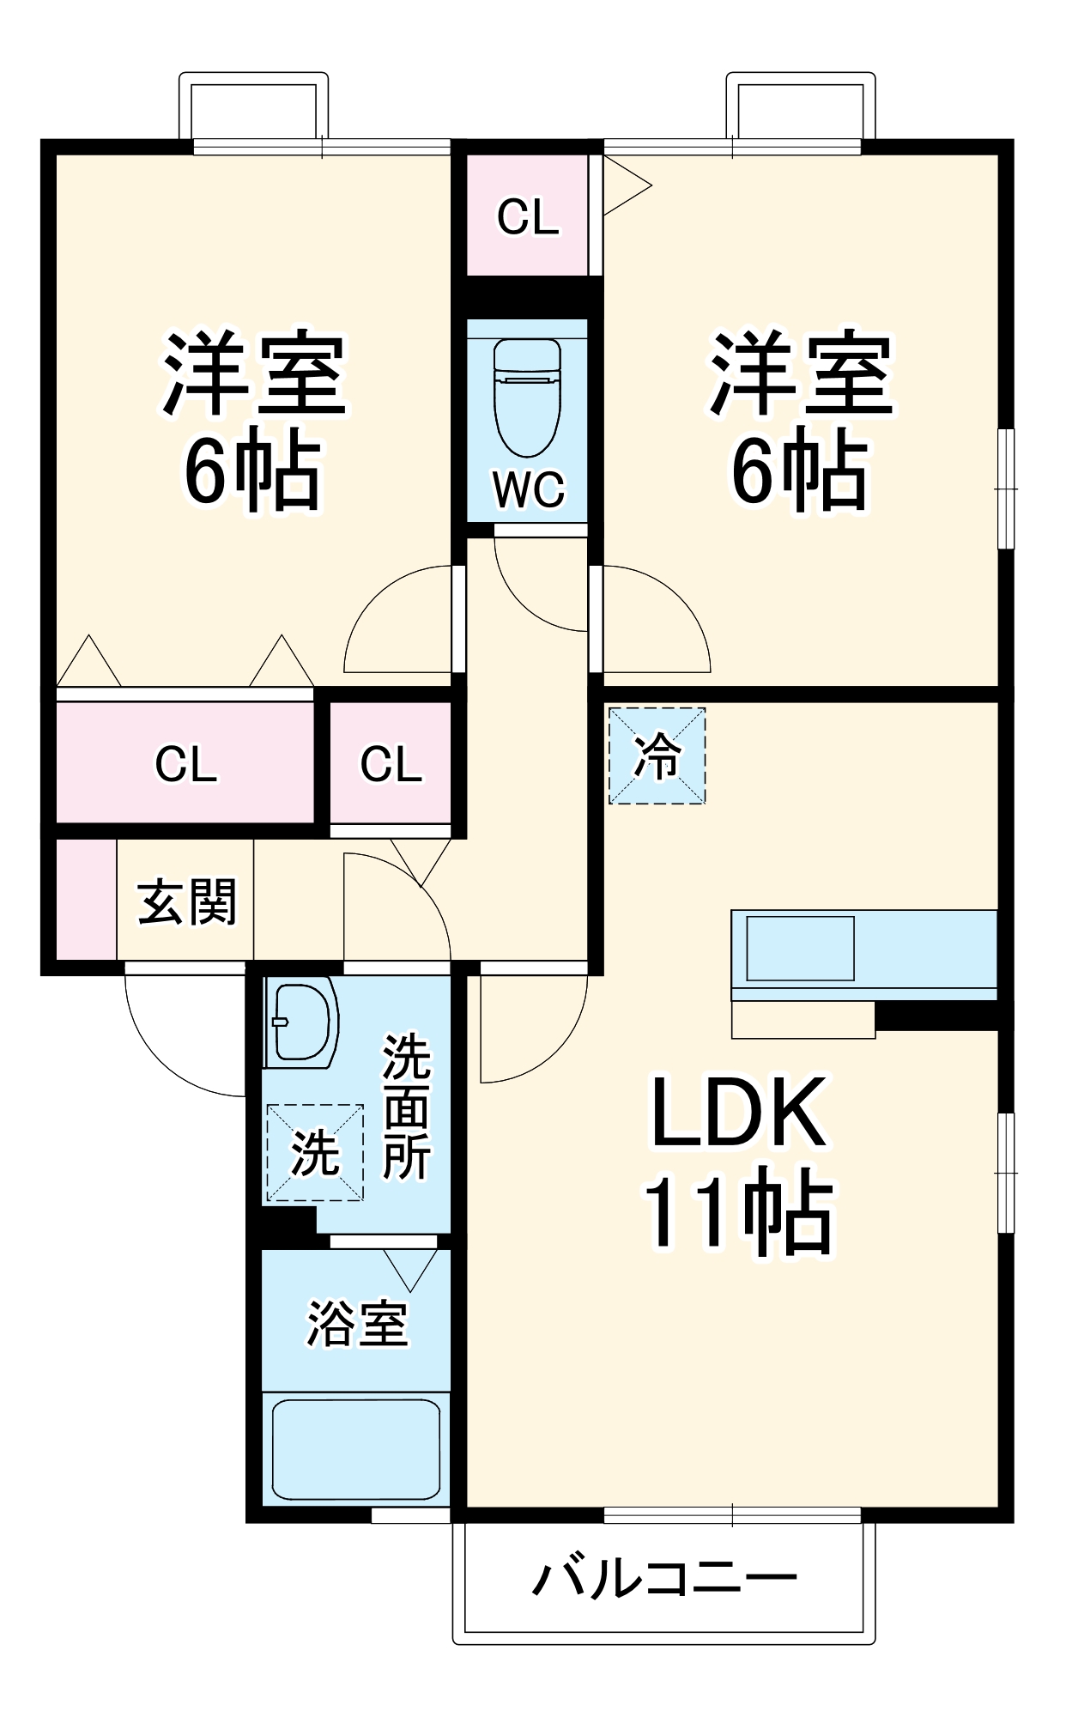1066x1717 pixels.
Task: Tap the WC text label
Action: click(529, 490)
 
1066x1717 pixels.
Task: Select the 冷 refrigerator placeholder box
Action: click(657, 756)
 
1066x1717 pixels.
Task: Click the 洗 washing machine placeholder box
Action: click(315, 1153)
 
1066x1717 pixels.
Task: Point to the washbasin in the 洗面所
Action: click(300, 1022)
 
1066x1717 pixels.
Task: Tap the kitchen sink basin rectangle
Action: click(800, 948)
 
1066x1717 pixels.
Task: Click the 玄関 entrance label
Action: click(186, 902)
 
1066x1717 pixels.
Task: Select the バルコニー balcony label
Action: click(664, 1578)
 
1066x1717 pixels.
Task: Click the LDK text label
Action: click(739, 1113)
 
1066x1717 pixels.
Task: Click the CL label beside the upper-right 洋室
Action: click(528, 217)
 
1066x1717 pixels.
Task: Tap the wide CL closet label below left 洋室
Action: click(185, 763)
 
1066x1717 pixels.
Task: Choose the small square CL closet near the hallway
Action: click(391, 763)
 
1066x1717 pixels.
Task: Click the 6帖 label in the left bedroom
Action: click(252, 471)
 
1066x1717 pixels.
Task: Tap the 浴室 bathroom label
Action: click(357, 1323)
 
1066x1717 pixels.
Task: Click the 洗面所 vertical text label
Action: click(406, 1107)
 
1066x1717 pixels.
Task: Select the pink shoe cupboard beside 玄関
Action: click(86, 899)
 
